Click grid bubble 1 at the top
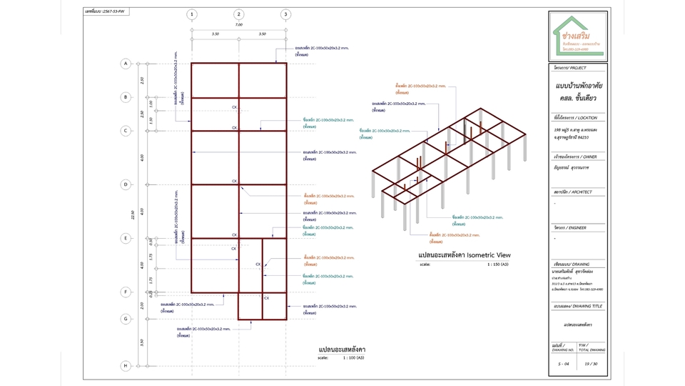coord(191,14)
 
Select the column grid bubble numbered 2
coord(238,14)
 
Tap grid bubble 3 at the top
coord(285,14)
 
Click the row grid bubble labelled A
coord(126,64)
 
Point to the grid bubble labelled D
coord(126,184)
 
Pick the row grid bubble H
coord(126,366)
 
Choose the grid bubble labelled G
coord(126,319)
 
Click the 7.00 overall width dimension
coord(238,25)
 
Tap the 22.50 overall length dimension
coord(133,214)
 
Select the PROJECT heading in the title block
coord(570,68)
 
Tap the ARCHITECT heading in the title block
coord(573,192)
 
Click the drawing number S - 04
coord(564,364)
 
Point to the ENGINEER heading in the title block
coord(571,228)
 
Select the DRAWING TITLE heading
coord(577,306)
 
